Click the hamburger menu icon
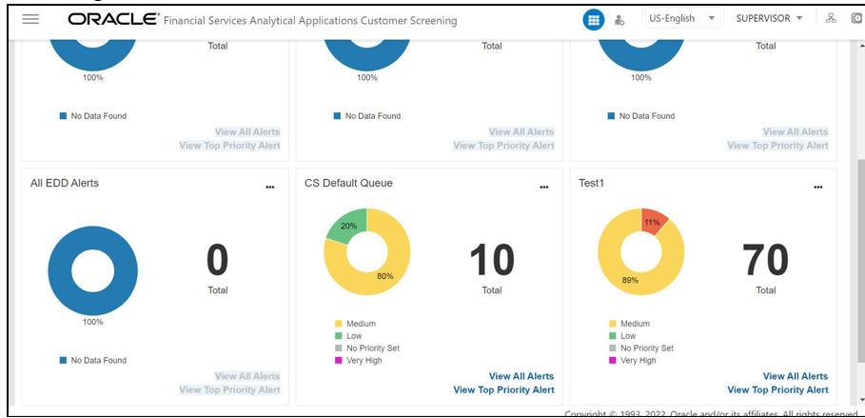pos(30,19)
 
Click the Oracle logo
pos(112,19)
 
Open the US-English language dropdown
pos(682,19)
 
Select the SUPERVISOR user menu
pos(769,19)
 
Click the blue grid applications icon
pos(593,20)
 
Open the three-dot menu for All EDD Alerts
pos(270,188)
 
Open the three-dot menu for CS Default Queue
pos(544,188)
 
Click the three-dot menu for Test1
pos(817,188)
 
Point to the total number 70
pos(765,260)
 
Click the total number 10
pos(491,260)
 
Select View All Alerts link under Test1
pos(795,376)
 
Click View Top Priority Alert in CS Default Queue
pos(503,389)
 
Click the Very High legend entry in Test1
pos(638,361)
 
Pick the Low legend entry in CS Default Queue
pos(354,336)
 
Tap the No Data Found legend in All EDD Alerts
pos(98,361)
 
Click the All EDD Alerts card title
pos(65,183)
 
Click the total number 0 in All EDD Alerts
pos(218,260)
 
